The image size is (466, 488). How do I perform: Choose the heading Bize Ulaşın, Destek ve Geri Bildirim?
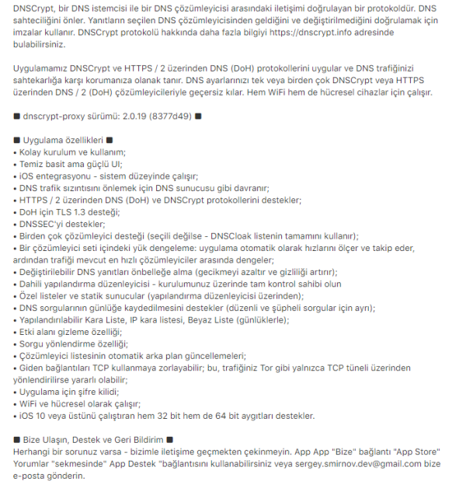94,440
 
